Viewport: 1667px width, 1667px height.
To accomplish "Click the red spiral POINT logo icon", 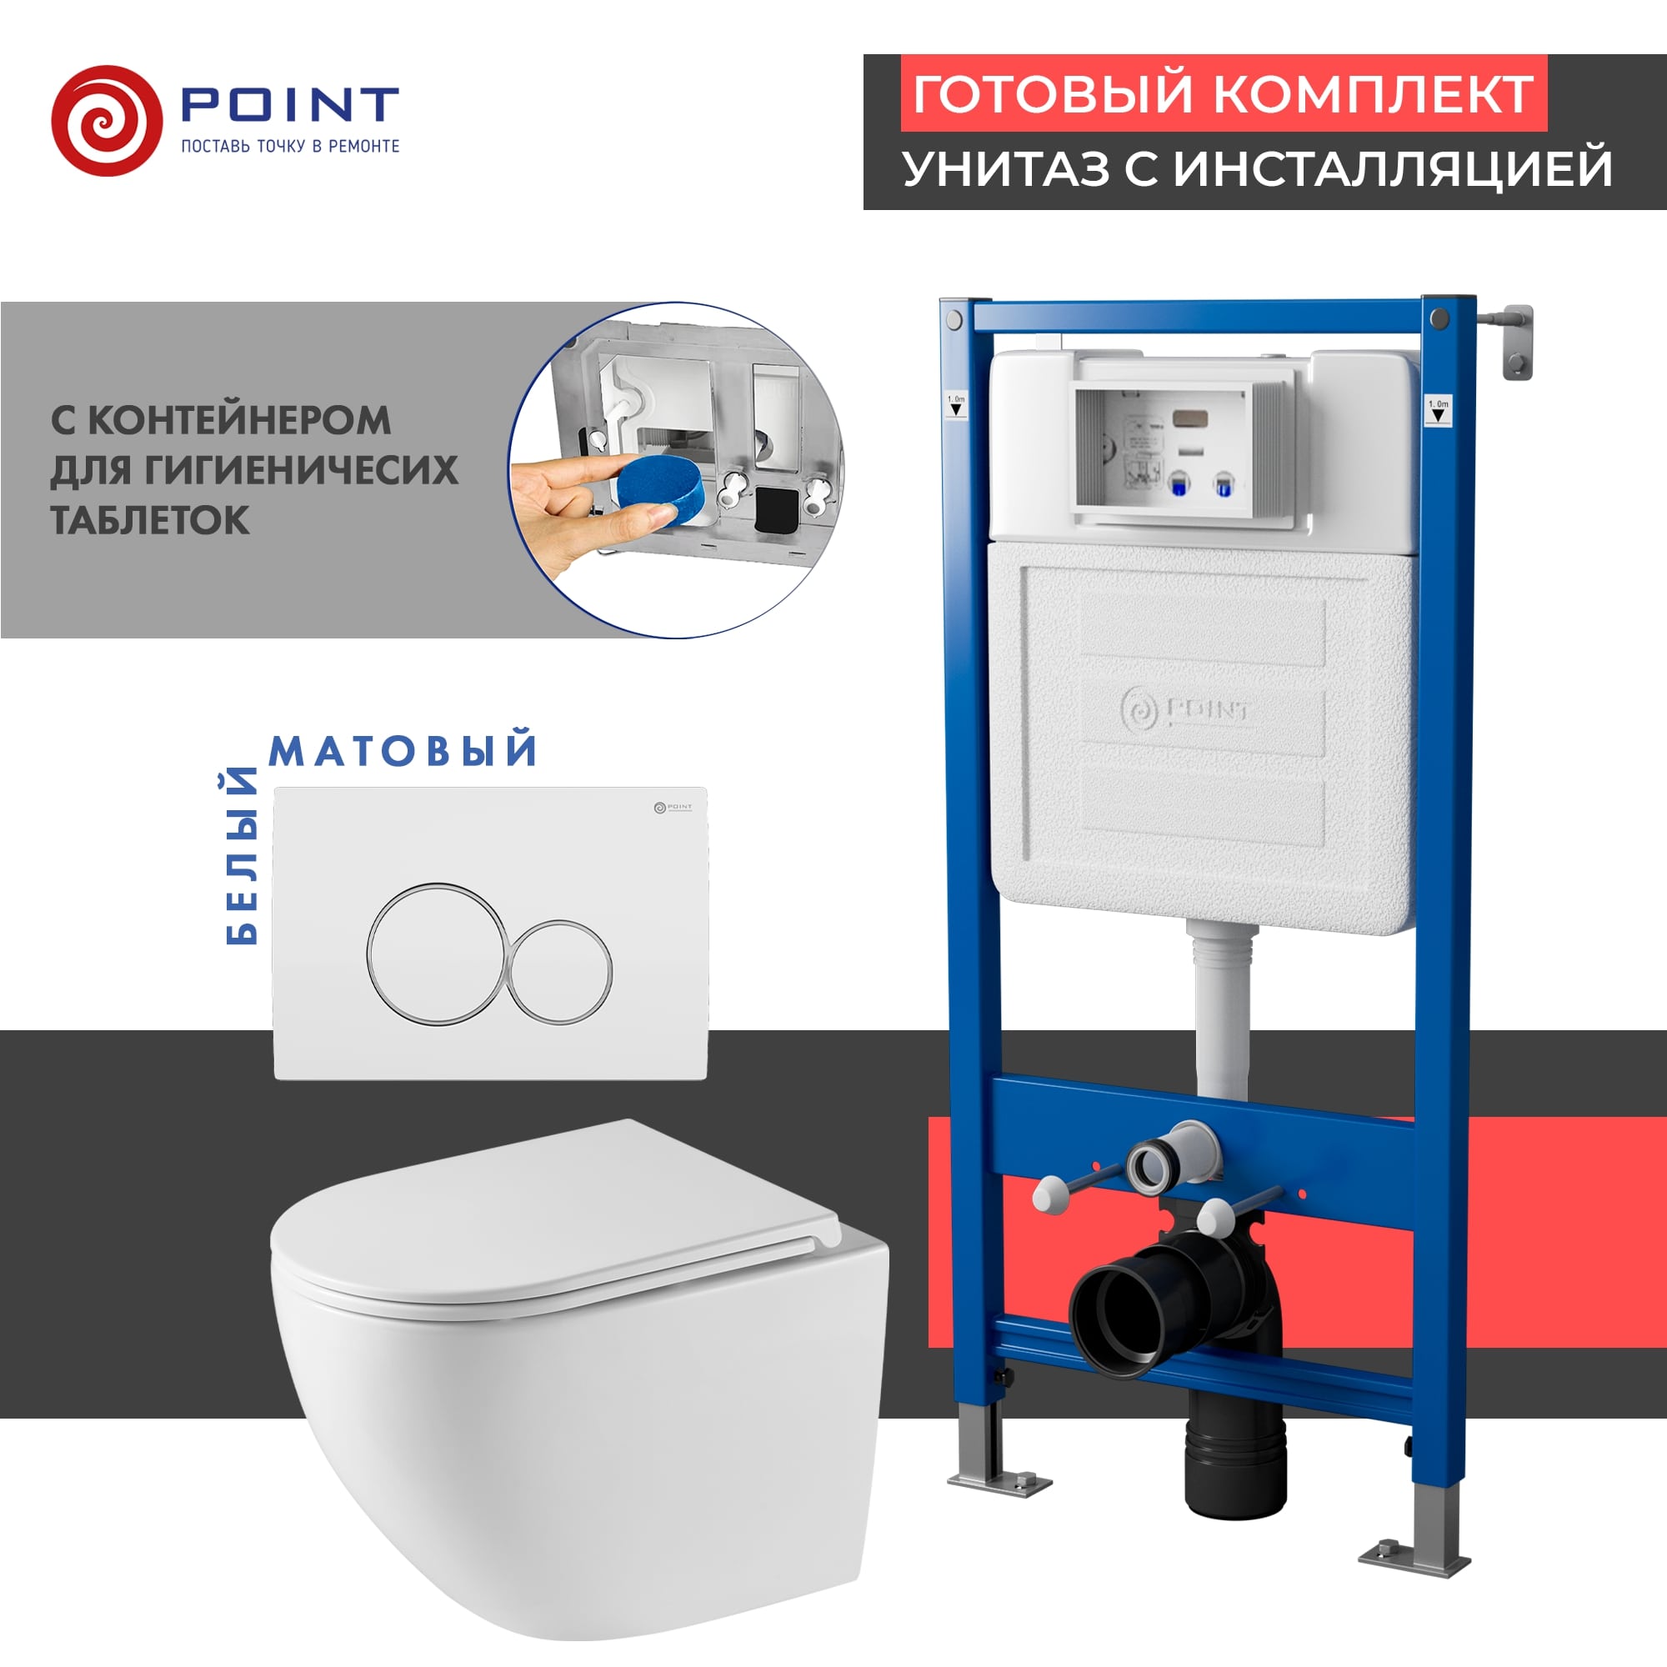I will pos(106,121).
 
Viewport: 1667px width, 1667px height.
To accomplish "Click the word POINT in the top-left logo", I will pos(289,104).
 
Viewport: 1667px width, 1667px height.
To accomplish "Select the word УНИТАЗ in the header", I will pos(1006,168).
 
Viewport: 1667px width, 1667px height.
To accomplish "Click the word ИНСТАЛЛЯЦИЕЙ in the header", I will pos(1393,168).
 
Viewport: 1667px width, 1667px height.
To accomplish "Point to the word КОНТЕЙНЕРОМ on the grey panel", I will pos(239,420).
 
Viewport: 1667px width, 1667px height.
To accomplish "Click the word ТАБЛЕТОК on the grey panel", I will pos(150,520).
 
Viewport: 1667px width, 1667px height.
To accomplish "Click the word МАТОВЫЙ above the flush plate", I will pos(403,750).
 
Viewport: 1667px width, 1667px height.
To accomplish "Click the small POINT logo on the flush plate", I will pos(673,808).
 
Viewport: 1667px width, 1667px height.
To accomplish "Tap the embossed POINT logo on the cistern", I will pos(1185,710).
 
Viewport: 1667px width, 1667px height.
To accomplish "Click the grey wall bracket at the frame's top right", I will pos(1515,342).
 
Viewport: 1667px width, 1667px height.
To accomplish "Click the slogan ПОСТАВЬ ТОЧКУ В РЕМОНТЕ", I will pos(290,147).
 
